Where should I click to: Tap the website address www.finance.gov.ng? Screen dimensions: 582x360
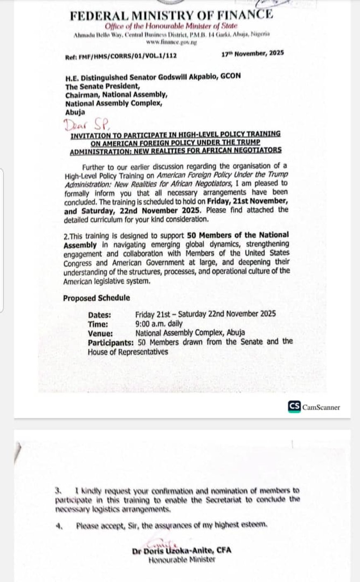(x=172, y=43)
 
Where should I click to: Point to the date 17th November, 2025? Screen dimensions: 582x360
(x=252, y=53)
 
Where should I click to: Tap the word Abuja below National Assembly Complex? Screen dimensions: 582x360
(x=75, y=112)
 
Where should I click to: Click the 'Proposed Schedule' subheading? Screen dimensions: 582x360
(x=96, y=298)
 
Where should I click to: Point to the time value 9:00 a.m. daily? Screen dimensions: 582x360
(x=159, y=324)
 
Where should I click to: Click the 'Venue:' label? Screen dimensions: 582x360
(x=100, y=333)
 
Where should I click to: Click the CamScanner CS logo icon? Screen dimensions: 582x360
(x=294, y=407)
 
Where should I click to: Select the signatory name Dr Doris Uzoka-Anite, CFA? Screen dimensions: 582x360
(x=182, y=551)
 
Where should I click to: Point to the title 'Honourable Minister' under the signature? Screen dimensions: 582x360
(x=182, y=560)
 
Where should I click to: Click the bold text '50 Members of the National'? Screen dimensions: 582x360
(x=238, y=235)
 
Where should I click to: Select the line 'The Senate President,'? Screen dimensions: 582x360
(x=103, y=86)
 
